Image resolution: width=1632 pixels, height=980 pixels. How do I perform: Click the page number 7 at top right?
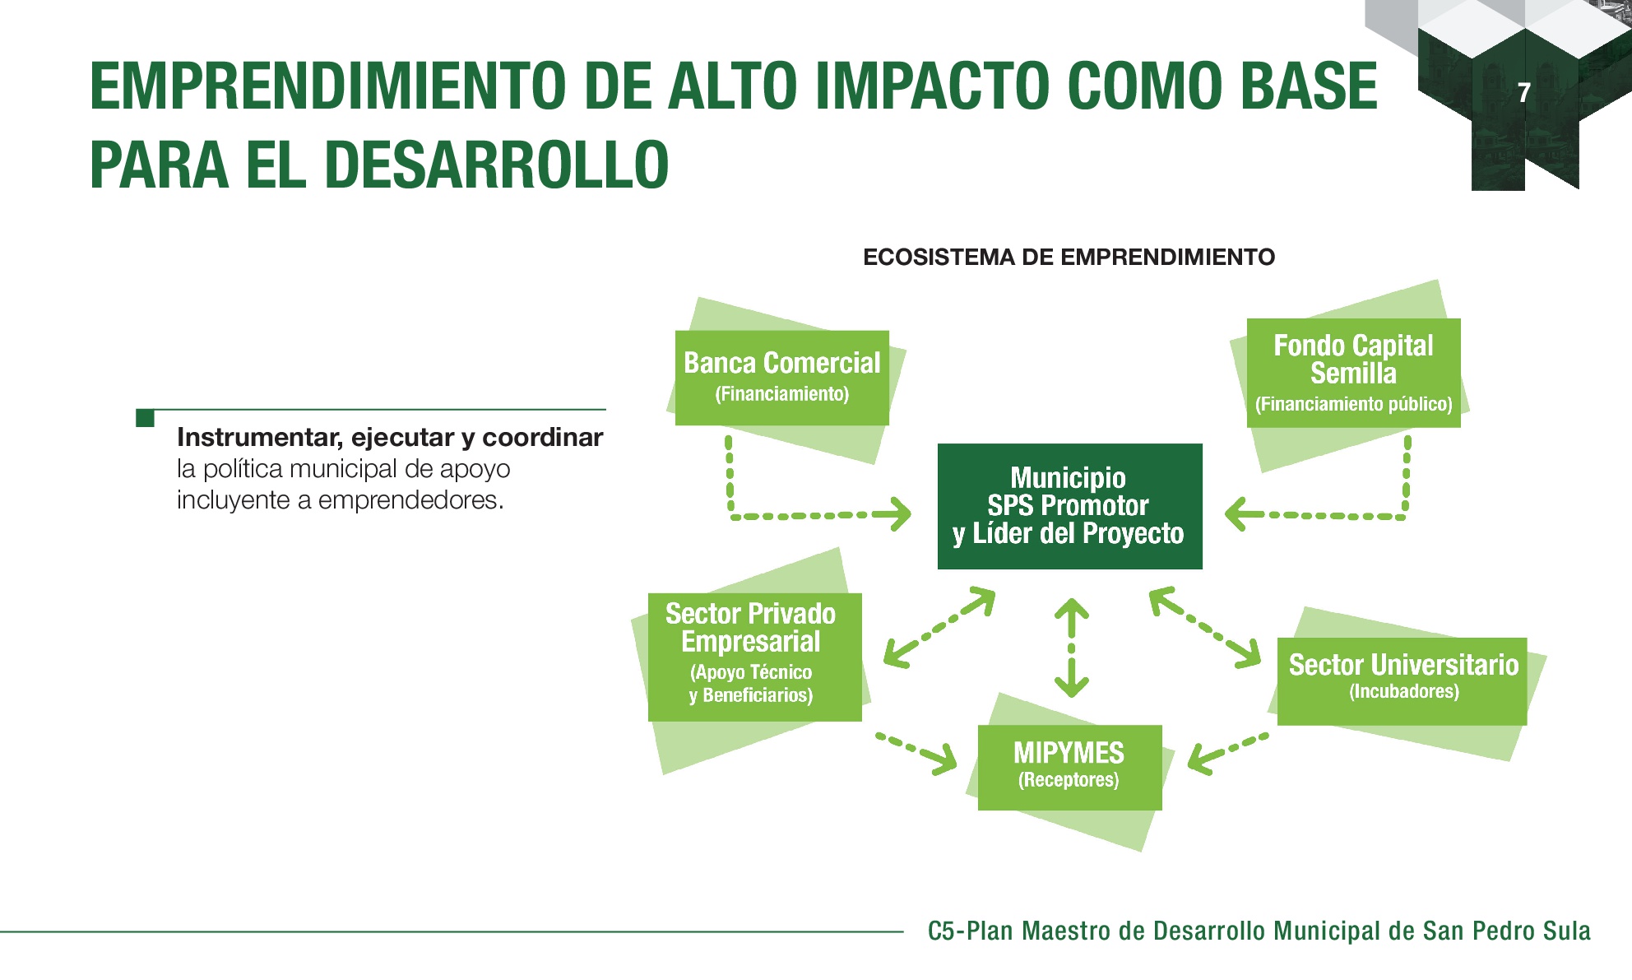click(x=1524, y=92)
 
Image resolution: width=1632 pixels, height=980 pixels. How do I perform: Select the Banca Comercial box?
click(x=781, y=378)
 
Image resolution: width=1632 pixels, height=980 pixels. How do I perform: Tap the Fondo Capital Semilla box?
click(x=1353, y=373)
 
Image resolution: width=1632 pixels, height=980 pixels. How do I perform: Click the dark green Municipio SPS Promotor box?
click(x=1069, y=506)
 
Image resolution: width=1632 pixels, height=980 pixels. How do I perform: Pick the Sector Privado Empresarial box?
click(x=754, y=657)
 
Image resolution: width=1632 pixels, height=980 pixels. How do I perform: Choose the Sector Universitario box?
click(x=1402, y=681)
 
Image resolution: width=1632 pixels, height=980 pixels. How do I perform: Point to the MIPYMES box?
click(x=1069, y=767)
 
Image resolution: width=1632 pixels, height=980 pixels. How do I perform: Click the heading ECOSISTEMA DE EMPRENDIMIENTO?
click(x=1069, y=258)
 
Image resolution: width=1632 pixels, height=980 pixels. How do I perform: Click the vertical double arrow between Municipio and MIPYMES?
click(x=1071, y=648)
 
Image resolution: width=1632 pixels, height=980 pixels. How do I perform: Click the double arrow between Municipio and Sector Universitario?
click(x=1205, y=626)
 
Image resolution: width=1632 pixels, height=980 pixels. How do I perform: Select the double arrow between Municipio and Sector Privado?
click(x=939, y=627)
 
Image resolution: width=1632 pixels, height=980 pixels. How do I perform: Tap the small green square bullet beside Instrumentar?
click(x=146, y=418)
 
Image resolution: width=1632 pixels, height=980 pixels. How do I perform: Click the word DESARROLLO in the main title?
click(x=497, y=165)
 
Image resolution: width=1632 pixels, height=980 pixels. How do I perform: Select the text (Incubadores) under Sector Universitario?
click(x=1404, y=691)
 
